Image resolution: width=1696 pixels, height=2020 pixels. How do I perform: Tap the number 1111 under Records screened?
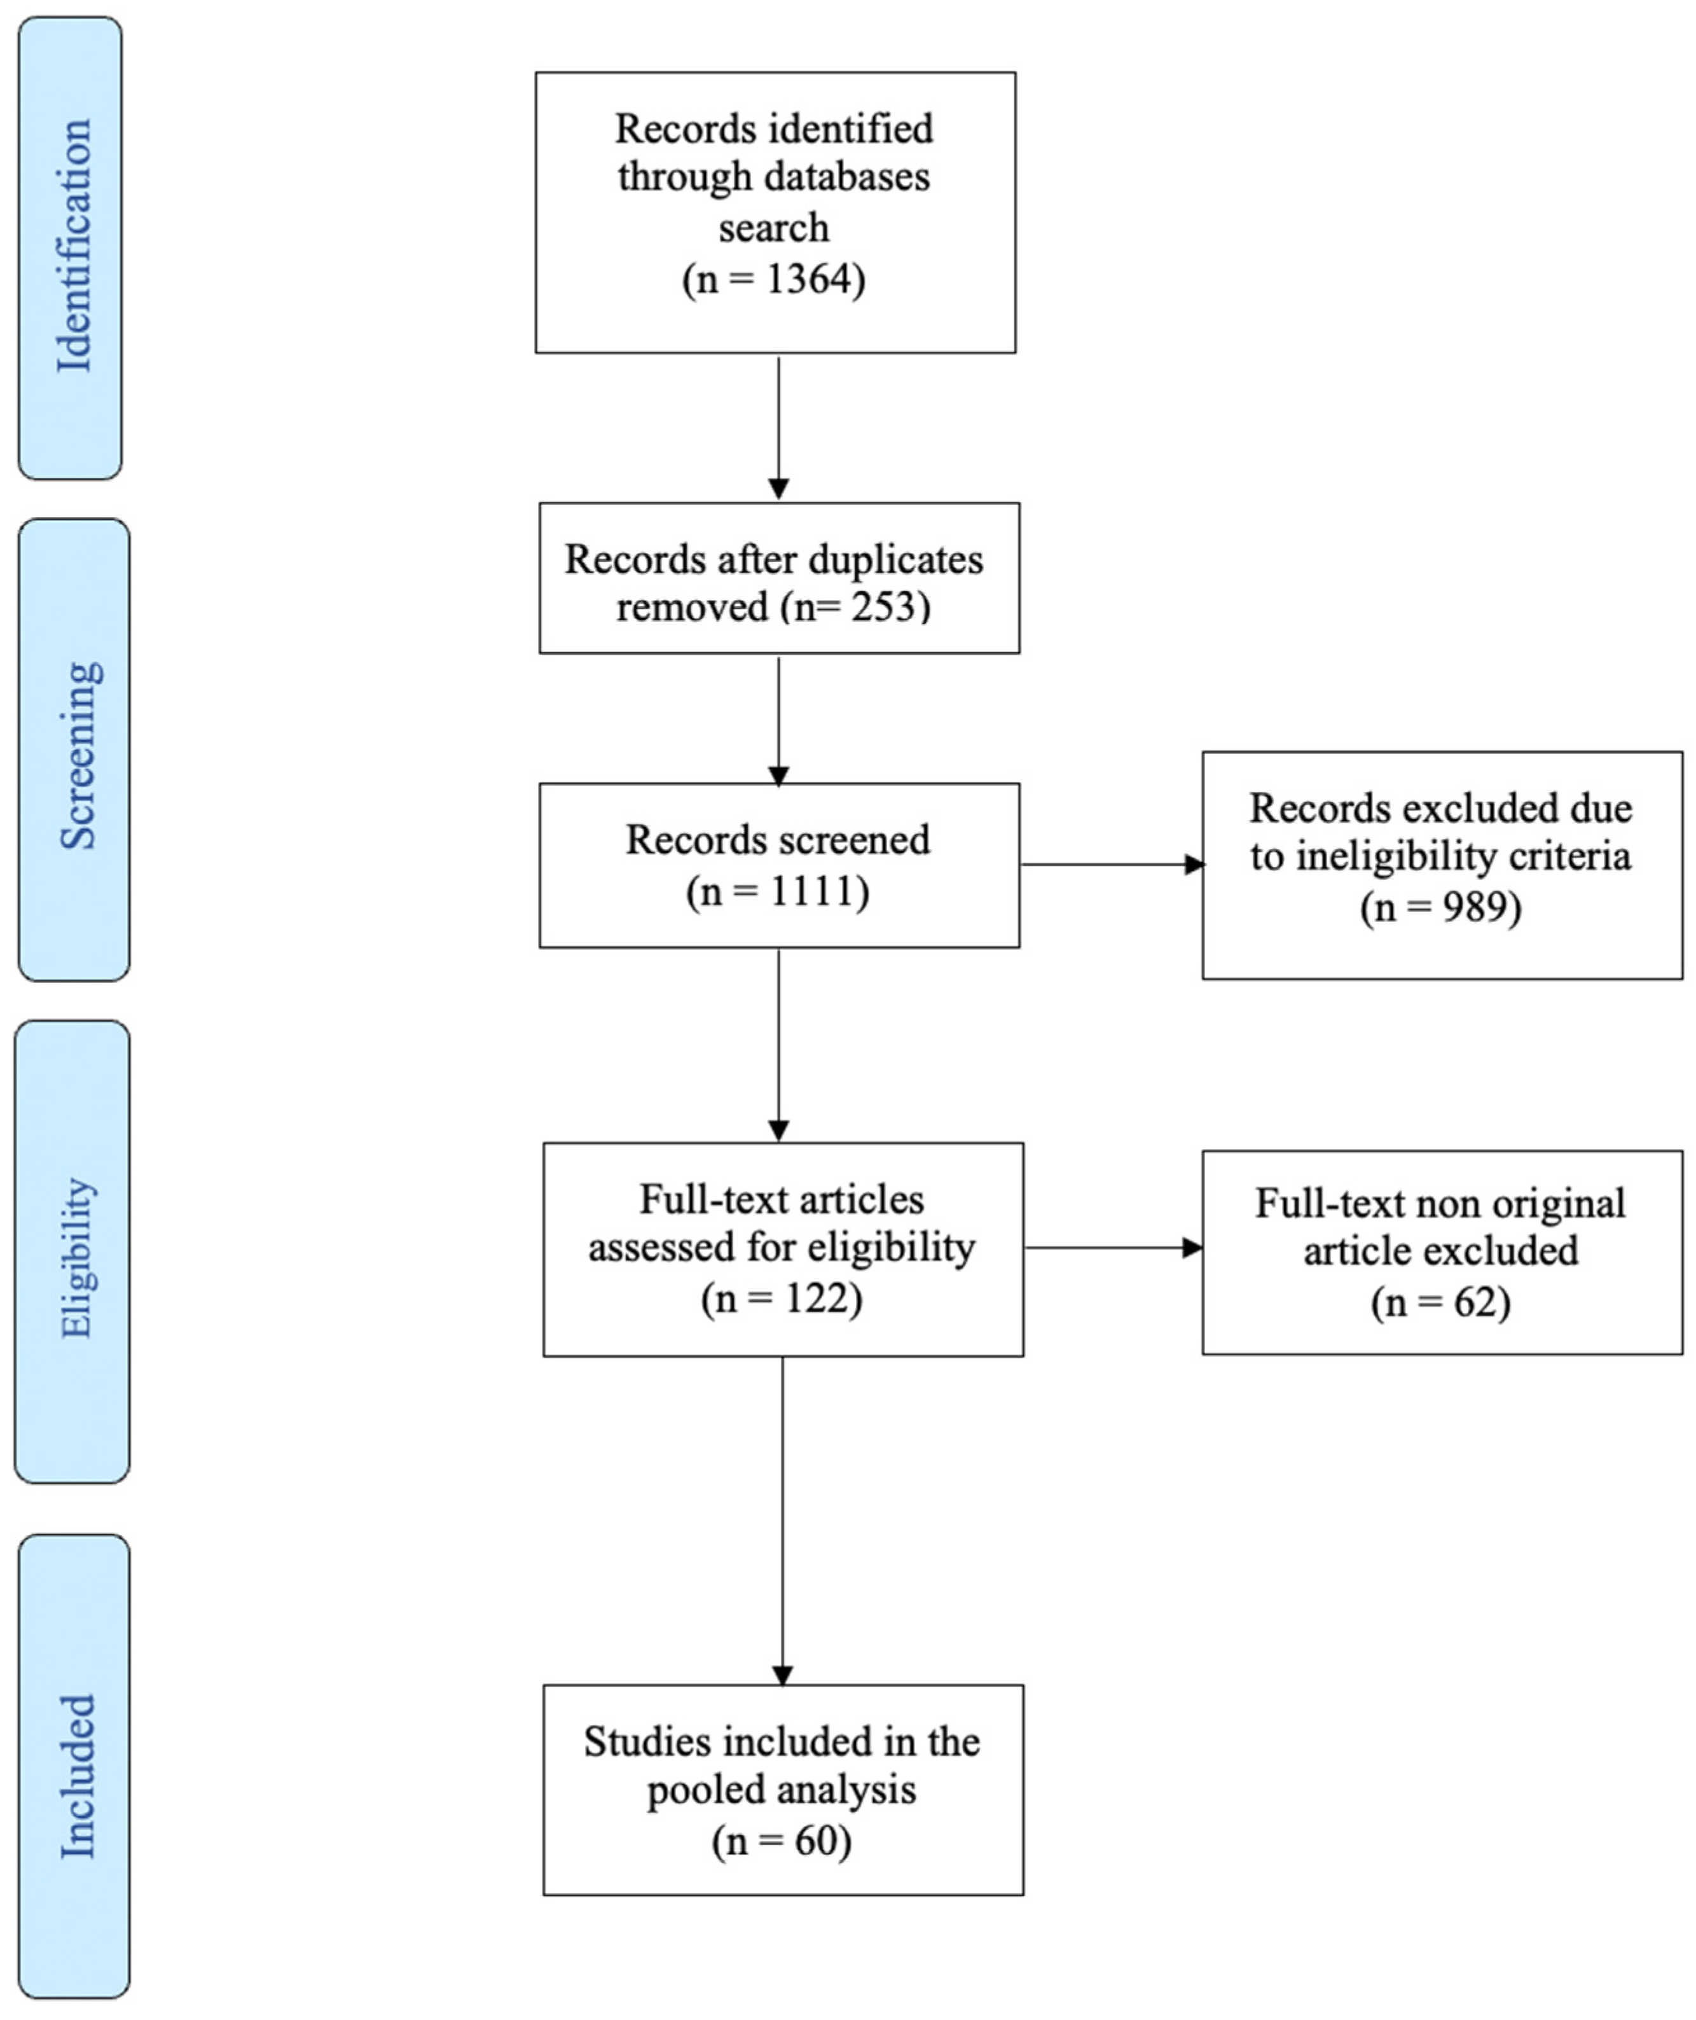[813, 892]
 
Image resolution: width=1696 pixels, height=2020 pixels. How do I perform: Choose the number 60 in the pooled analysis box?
[815, 1841]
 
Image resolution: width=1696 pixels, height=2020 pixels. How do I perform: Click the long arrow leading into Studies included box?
[783, 1520]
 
